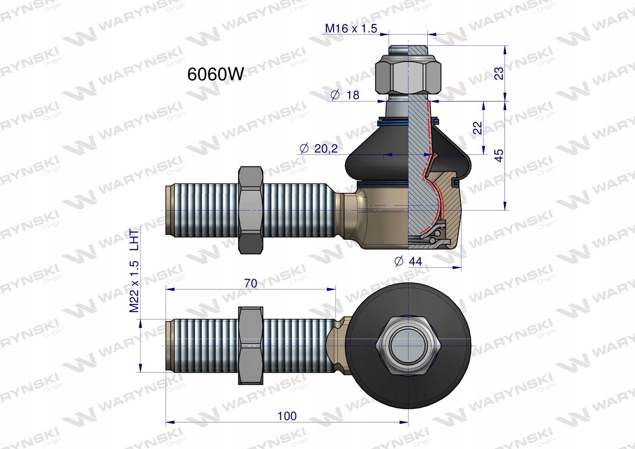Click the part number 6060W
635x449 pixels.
[215, 75]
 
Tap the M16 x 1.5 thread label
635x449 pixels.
[351, 29]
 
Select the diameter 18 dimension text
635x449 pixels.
[345, 95]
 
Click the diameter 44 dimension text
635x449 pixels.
[408, 261]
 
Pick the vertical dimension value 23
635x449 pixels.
[499, 73]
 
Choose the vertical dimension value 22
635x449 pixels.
[478, 128]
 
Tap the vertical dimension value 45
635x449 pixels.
[499, 155]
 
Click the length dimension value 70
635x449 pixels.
[251, 283]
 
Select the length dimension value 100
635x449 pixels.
[287, 416]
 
